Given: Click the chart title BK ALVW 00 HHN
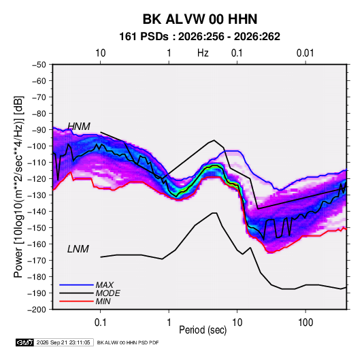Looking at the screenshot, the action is coord(199,19).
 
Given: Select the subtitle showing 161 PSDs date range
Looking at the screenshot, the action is coord(199,37).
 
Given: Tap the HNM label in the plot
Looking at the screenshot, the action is coord(79,127).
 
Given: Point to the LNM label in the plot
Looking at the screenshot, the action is coord(78,249).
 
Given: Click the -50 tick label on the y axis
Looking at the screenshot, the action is coord(39,65).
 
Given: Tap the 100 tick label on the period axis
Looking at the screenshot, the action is coord(305,323).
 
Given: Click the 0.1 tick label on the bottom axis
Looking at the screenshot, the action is coord(100,323).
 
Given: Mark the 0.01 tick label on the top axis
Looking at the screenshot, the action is coord(305,53).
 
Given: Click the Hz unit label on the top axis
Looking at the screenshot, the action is coord(203,53).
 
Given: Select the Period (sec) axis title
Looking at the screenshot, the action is coord(203,330).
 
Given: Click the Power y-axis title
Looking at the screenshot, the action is coord(19,186).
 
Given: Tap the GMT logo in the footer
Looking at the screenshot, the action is coord(25,342).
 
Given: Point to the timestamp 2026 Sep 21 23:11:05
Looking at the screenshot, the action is coord(63,342).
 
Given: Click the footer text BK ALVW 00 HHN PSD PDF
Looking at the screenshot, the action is coord(128,342).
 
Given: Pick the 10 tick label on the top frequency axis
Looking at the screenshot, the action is coord(101,53).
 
